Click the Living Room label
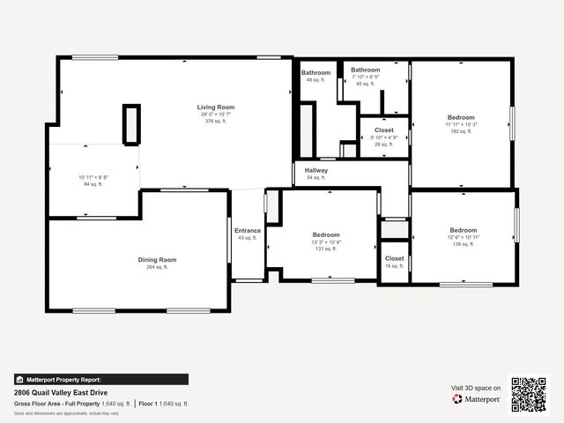[216, 107]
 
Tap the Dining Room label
[157, 259]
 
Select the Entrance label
[248, 231]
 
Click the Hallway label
[316, 170]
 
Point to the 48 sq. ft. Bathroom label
[315, 72]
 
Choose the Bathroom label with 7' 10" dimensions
[365, 70]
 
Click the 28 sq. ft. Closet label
[384, 130]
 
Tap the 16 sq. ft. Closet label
[395, 258]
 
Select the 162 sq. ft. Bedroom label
[461, 117]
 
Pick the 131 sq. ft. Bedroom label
[326, 234]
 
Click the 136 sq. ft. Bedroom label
[463, 230]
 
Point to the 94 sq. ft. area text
[93, 185]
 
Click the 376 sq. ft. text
[216, 121]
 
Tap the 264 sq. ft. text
[157, 267]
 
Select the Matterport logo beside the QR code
[476, 399]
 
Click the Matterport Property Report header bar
[100, 380]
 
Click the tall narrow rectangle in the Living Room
[131, 124]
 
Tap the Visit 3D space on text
[476, 388]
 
